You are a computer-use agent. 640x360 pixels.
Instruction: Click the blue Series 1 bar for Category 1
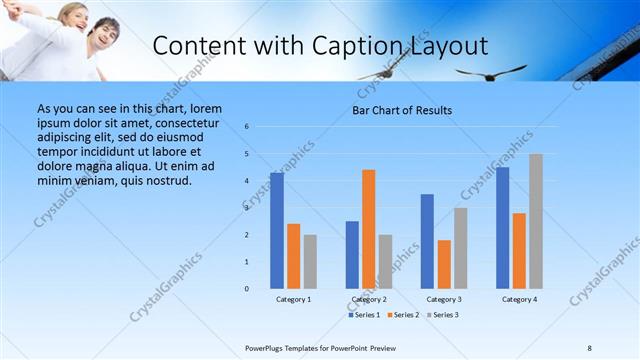(x=277, y=231)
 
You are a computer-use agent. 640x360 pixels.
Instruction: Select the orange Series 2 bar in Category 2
(x=369, y=229)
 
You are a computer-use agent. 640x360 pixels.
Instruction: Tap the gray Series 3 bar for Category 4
(x=536, y=221)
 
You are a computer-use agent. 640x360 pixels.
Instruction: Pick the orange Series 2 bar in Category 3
(x=444, y=264)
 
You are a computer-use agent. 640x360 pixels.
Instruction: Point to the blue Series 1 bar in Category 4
(x=502, y=228)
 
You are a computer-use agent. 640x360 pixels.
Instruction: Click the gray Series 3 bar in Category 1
(x=310, y=262)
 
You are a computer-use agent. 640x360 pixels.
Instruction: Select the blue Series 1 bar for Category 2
(x=352, y=255)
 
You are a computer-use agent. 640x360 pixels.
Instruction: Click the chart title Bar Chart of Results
(x=403, y=110)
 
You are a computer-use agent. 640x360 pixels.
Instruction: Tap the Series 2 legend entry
(x=403, y=315)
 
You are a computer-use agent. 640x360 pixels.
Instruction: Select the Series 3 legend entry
(x=442, y=315)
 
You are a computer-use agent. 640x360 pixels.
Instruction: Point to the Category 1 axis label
(x=293, y=299)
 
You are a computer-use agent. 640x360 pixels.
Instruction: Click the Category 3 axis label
(x=444, y=299)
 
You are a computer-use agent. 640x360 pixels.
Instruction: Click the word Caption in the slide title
(x=352, y=46)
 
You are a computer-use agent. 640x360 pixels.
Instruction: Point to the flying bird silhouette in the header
(x=490, y=72)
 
